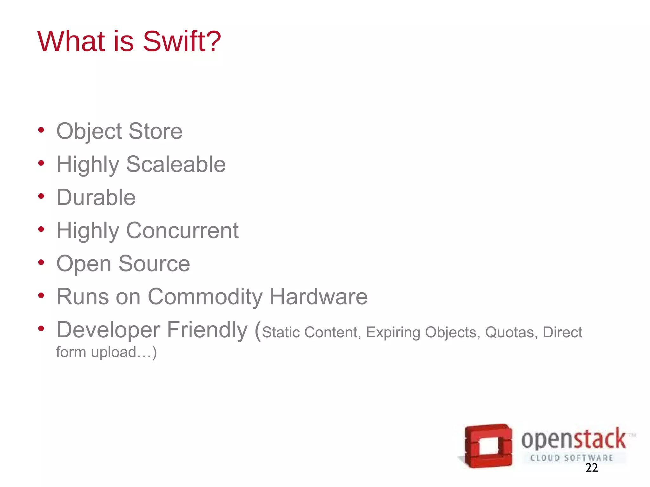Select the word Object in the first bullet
click(x=89, y=131)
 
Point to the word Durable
click(x=96, y=197)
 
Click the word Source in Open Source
click(x=154, y=263)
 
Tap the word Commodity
click(x=205, y=297)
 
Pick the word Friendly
click(x=207, y=330)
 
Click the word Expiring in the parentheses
click(x=393, y=333)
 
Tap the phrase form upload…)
click(x=106, y=352)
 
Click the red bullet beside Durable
click(x=41, y=196)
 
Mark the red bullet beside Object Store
click(x=41, y=130)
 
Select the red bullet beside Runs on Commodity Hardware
click(x=41, y=295)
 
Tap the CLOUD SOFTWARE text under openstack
click(x=571, y=458)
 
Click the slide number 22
click(x=592, y=468)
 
